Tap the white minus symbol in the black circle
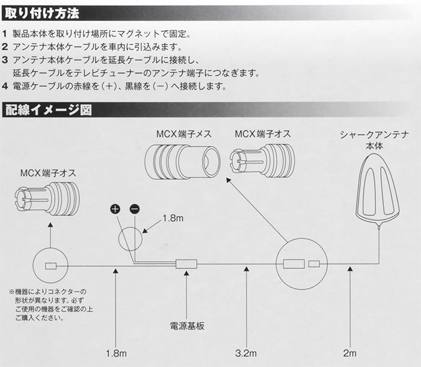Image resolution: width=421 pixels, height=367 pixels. point(134,209)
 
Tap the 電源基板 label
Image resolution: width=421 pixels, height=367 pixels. point(187,325)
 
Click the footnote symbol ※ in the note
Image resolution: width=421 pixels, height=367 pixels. point(12,291)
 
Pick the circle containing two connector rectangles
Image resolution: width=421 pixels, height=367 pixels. point(301,264)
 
